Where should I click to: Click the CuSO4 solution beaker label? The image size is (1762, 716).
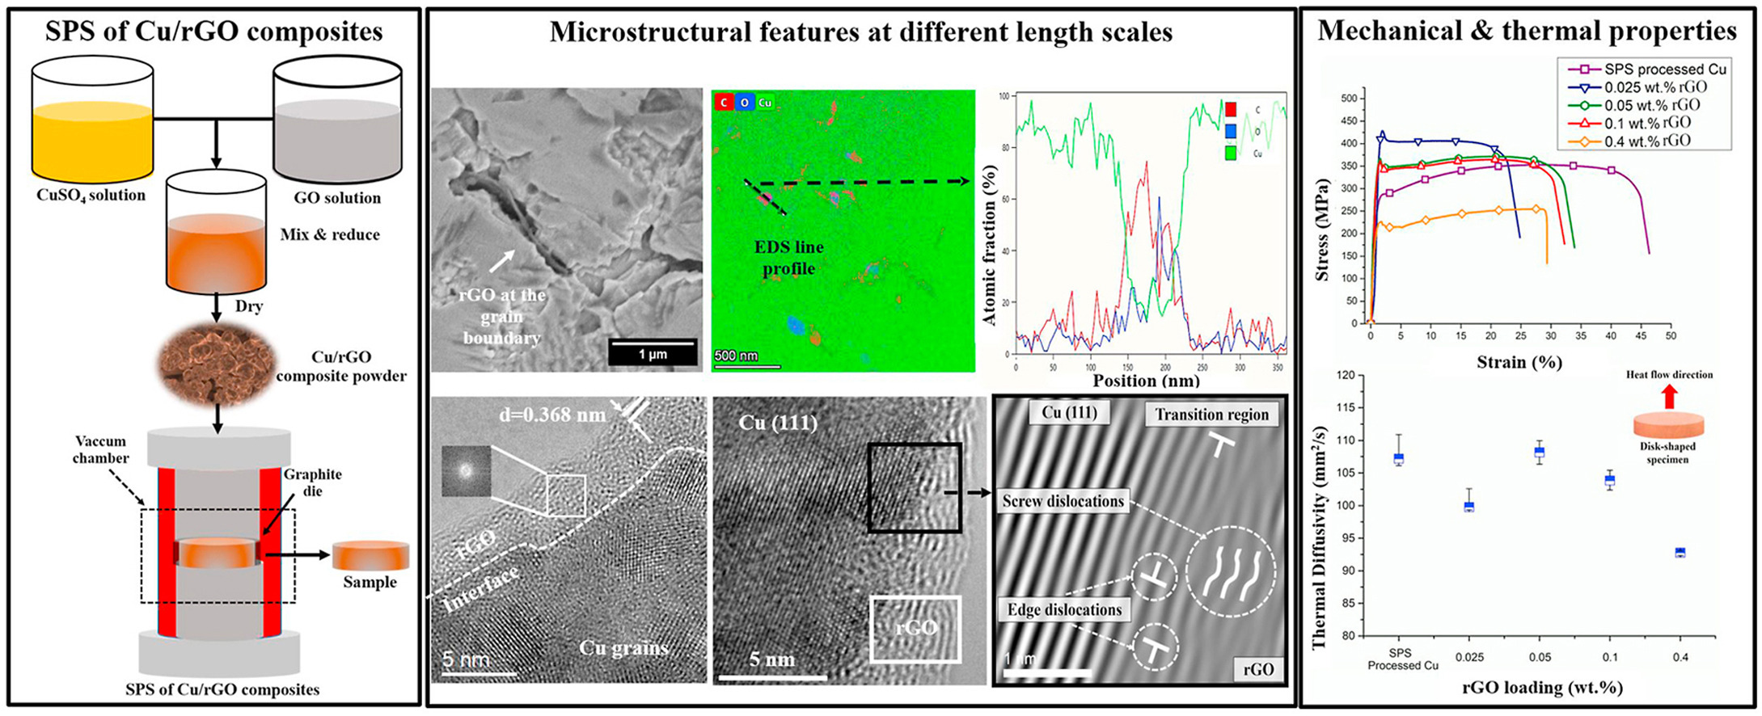click(91, 196)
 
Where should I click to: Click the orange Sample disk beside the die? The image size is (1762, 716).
click(370, 556)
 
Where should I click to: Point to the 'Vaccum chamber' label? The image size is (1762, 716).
click(101, 449)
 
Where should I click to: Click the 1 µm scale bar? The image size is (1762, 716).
click(653, 353)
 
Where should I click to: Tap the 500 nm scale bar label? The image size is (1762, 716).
click(736, 356)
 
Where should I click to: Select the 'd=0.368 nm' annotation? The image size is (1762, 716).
click(552, 415)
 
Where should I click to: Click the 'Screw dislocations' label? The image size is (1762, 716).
click(1063, 501)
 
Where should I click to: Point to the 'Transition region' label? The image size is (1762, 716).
click(1211, 415)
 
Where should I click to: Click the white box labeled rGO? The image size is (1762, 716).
click(915, 629)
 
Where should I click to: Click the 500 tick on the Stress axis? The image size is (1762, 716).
click(1349, 99)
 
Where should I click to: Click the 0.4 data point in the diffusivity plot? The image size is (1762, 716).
click(1680, 553)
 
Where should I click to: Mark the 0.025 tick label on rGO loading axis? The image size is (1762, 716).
click(1469, 658)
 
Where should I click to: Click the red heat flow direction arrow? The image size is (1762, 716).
click(1669, 396)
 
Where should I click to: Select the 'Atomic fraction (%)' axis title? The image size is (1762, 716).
click(990, 246)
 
